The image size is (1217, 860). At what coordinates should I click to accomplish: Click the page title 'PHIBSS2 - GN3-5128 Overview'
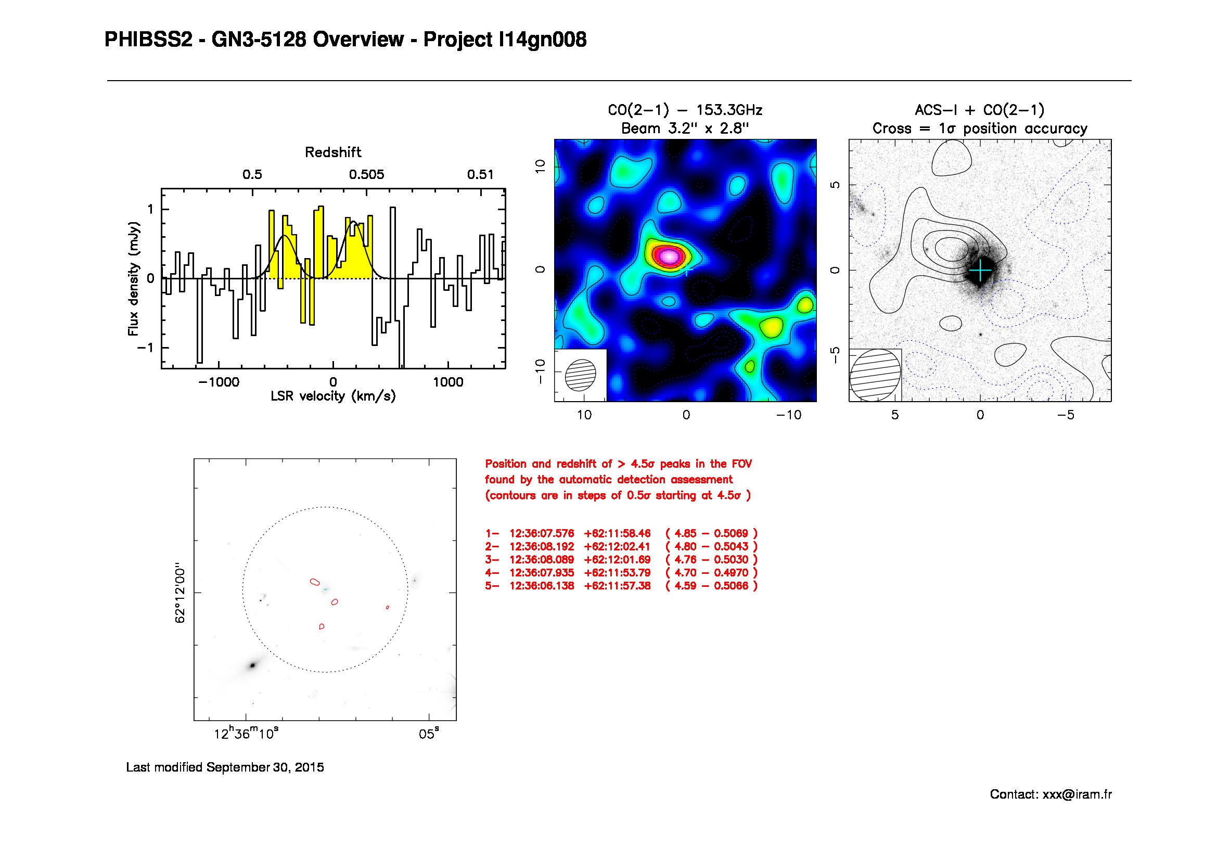[x=254, y=40]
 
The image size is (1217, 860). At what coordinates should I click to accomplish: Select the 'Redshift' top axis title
[x=333, y=152]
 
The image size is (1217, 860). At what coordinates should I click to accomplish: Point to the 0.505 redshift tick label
[x=366, y=175]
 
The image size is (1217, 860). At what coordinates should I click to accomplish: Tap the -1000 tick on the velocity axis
[x=219, y=382]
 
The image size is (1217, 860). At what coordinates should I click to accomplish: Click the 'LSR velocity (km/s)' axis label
[x=333, y=396]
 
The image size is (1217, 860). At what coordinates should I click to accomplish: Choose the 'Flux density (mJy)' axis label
[x=134, y=279]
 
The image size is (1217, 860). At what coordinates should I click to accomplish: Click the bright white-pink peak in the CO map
[x=670, y=256]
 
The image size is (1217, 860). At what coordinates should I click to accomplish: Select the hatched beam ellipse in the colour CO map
[x=581, y=375]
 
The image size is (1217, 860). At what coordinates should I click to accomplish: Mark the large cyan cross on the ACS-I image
[x=980, y=271]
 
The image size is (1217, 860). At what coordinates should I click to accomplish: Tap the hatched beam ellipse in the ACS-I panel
[x=875, y=375]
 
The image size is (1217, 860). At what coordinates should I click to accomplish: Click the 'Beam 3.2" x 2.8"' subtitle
[x=685, y=129]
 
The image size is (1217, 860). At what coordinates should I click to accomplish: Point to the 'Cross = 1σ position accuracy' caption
[x=980, y=129]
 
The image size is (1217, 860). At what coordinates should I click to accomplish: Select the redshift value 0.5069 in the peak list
[x=731, y=534]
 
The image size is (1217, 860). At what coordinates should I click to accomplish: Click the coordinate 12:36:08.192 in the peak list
[x=541, y=546]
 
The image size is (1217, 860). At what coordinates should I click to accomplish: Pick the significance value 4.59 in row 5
[x=685, y=586]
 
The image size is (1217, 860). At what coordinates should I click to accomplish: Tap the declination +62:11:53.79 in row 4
[x=617, y=573]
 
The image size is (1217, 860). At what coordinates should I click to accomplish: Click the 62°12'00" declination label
[x=181, y=593]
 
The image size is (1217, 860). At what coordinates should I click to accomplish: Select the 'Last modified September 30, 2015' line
[x=225, y=767]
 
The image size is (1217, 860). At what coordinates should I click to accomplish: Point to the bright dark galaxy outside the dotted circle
[x=252, y=665]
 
